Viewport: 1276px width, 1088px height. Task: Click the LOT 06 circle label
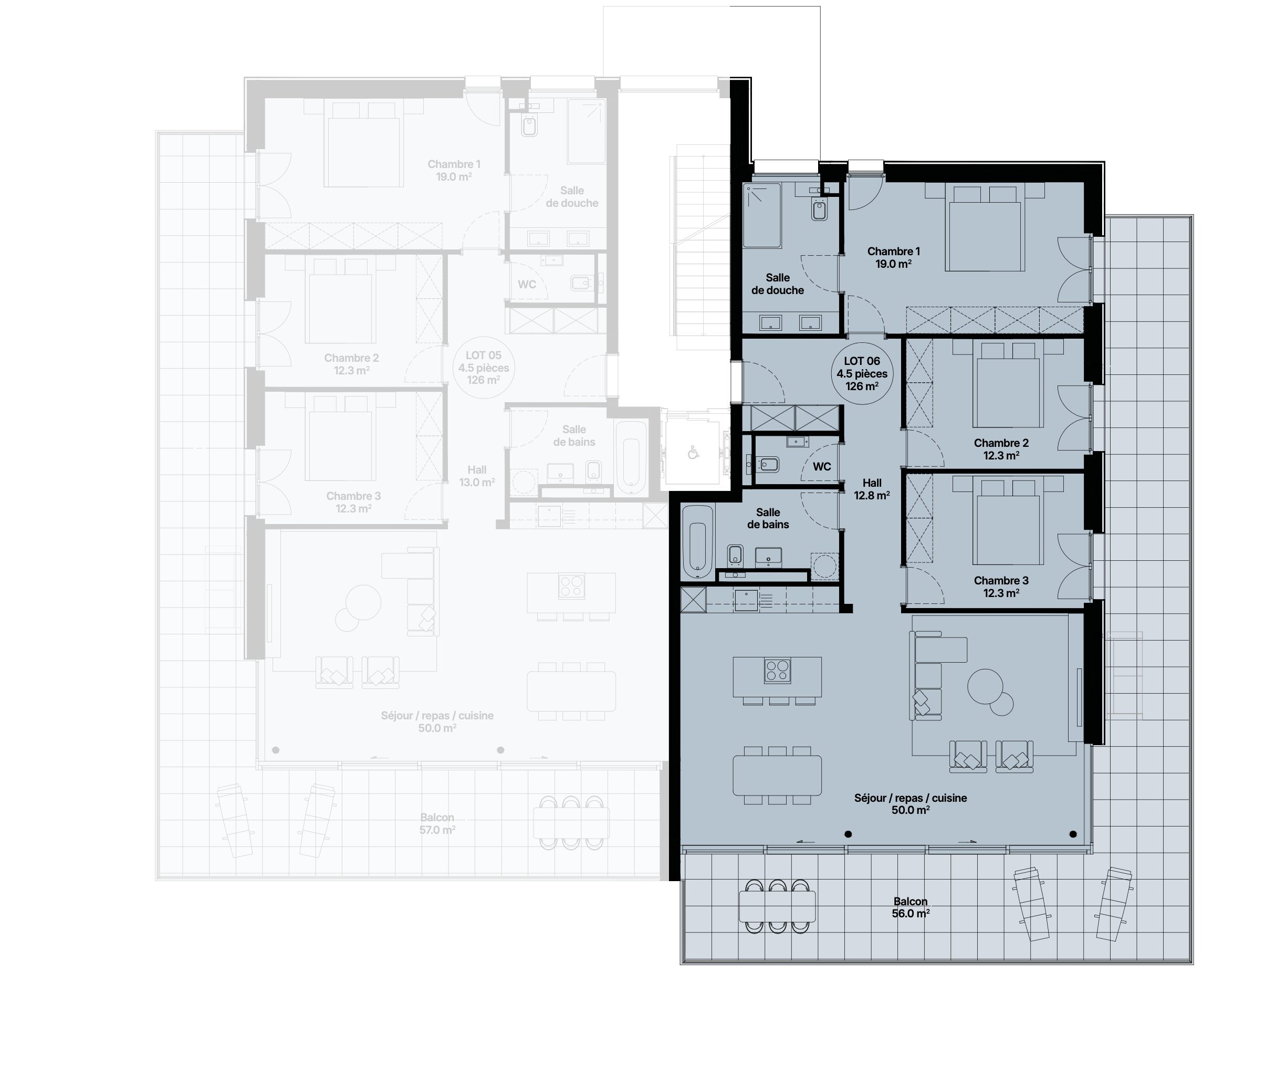(x=862, y=374)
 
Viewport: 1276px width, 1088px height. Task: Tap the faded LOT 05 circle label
(x=484, y=368)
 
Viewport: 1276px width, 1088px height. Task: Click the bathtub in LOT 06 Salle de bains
(x=698, y=542)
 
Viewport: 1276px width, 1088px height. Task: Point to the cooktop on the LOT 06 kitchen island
(x=777, y=671)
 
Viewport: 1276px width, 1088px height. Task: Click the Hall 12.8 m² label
(x=871, y=489)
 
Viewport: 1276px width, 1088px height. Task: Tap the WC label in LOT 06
(x=821, y=467)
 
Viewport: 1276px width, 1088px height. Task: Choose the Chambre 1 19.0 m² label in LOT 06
(x=894, y=257)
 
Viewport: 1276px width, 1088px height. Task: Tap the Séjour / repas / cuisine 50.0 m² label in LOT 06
(x=910, y=804)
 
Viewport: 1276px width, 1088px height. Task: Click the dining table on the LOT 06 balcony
(x=777, y=906)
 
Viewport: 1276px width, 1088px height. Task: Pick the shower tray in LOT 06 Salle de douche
(x=762, y=215)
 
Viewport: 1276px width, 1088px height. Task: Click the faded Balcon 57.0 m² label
(x=437, y=824)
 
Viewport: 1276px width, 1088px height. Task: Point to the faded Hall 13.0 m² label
(x=477, y=476)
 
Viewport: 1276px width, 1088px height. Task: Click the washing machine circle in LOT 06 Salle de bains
(x=824, y=565)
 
